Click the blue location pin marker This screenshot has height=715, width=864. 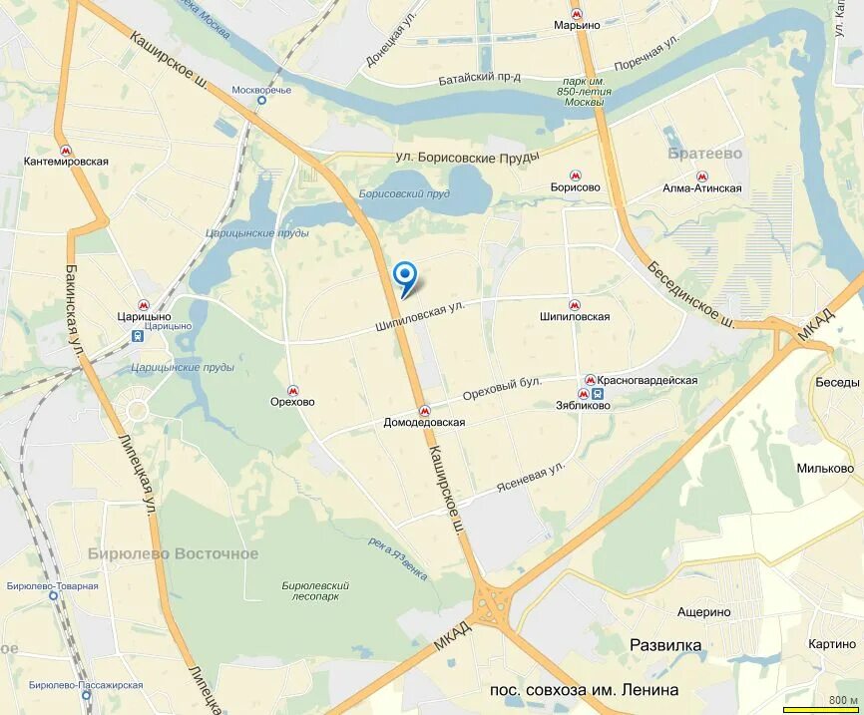tap(405, 274)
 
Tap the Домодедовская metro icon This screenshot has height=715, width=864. tap(424, 409)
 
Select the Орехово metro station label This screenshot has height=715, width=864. tap(292, 402)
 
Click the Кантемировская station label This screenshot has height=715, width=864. tap(66, 161)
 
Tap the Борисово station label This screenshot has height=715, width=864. tap(575, 187)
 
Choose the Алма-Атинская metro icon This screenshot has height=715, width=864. tap(701, 176)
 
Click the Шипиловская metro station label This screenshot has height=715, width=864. tap(574, 317)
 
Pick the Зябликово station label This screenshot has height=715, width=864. tap(583, 406)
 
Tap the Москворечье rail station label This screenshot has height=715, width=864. tap(261, 90)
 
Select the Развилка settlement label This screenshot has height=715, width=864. tap(665, 645)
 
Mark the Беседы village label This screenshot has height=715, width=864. tap(836, 383)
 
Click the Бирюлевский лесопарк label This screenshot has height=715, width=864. tap(315, 591)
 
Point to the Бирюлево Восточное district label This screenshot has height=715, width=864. tap(173, 553)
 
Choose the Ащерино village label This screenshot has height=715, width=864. tap(703, 612)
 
